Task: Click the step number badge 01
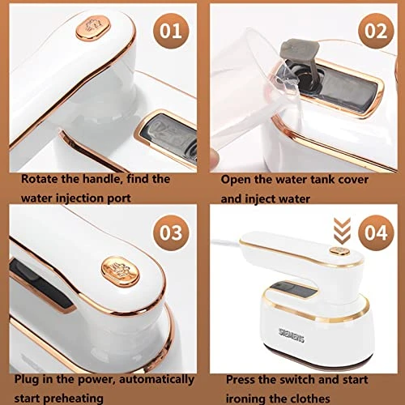[171, 31]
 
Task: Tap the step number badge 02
[376, 31]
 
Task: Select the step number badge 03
[171, 232]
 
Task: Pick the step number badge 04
[376, 232]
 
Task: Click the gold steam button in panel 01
[93, 28]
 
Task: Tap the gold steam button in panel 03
[121, 271]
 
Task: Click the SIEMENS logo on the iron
[292, 335]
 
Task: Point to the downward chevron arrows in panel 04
[342, 231]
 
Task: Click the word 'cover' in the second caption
[353, 180]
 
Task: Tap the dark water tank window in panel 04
[293, 291]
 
